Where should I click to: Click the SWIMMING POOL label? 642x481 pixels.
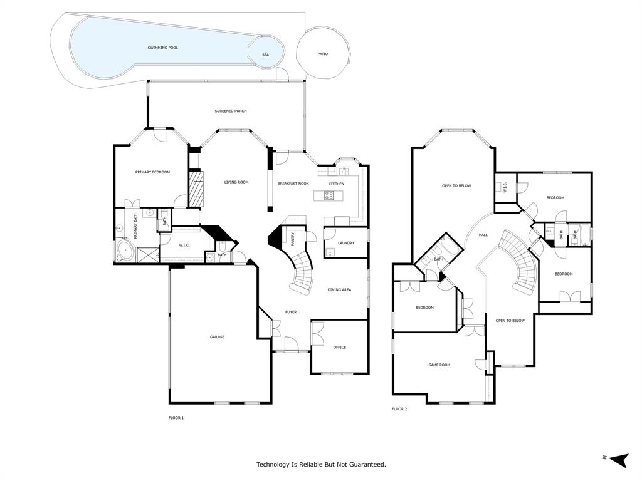point(162,48)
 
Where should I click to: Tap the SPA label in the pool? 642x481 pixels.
point(265,56)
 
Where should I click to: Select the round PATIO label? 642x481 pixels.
point(322,54)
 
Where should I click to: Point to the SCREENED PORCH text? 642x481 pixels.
point(231,111)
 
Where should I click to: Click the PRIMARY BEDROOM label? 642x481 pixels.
point(152,172)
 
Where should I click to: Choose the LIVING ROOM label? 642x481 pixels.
point(237,182)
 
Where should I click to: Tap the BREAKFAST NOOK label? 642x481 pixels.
point(293,184)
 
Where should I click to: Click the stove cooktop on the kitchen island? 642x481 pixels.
point(329,195)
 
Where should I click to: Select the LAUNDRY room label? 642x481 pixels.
point(345,243)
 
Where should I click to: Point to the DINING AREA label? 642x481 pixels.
point(339,290)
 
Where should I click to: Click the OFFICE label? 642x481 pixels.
point(339,347)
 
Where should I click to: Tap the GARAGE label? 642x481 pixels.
point(217,337)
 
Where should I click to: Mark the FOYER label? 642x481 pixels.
point(291,312)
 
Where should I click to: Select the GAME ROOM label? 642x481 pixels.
point(439,365)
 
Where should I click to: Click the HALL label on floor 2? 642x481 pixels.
point(483,235)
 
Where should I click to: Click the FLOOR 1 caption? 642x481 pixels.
point(176,418)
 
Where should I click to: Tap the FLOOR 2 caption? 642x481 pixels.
point(399,409)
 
